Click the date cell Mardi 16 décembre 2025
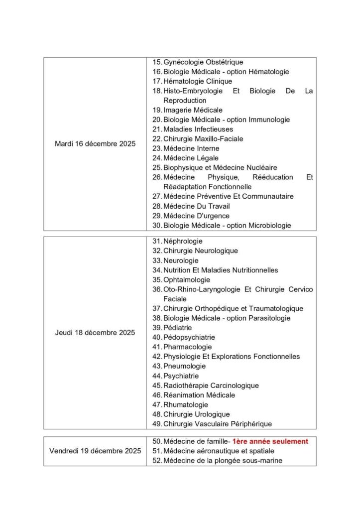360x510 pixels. tap(95, 144)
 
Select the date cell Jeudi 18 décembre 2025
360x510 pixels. tap(95, 333)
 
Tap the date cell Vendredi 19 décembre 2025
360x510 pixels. tap(95, 451)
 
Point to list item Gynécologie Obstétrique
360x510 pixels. tap(203, 62)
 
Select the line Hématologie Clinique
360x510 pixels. tap(197, 81)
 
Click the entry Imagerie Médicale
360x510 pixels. tap(193, 110)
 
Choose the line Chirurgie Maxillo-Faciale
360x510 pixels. tap(203, 139)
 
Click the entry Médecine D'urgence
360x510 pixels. tap(196, 216)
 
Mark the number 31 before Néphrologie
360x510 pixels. tap(156, 242)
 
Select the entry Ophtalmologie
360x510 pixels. tap(187, 280)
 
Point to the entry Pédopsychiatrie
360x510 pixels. tap(189, 338)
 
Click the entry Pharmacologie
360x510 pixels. tap(187, 347)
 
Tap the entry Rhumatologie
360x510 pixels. tap(186, 405)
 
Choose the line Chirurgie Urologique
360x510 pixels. tap(196, 414)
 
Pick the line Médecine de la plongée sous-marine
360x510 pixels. tap(223, 461)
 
